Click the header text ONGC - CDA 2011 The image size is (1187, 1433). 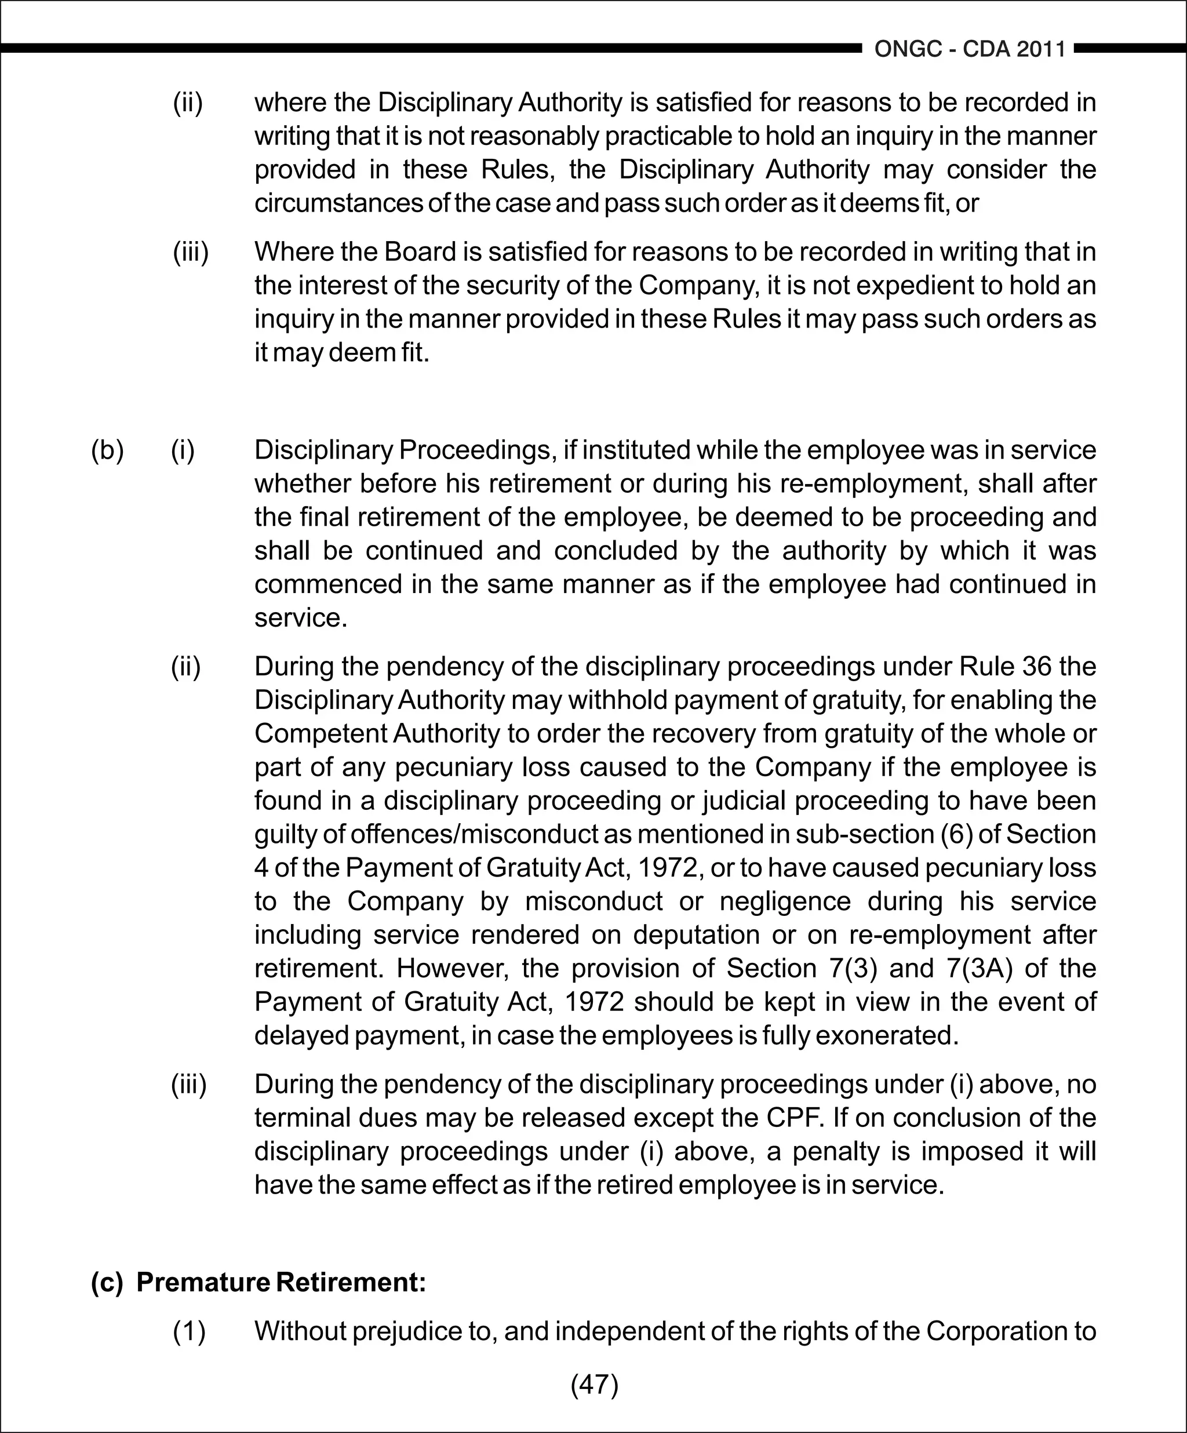click(x=970, y=49)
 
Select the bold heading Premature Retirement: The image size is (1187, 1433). click(x=281, y=1282)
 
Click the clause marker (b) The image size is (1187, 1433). click(x=107, y=450)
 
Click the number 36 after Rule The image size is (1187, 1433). click(x=1037, y=666)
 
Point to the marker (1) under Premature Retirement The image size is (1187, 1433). click(x=189, y=1332)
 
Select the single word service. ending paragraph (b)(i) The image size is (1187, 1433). click(x=301, y=618)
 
